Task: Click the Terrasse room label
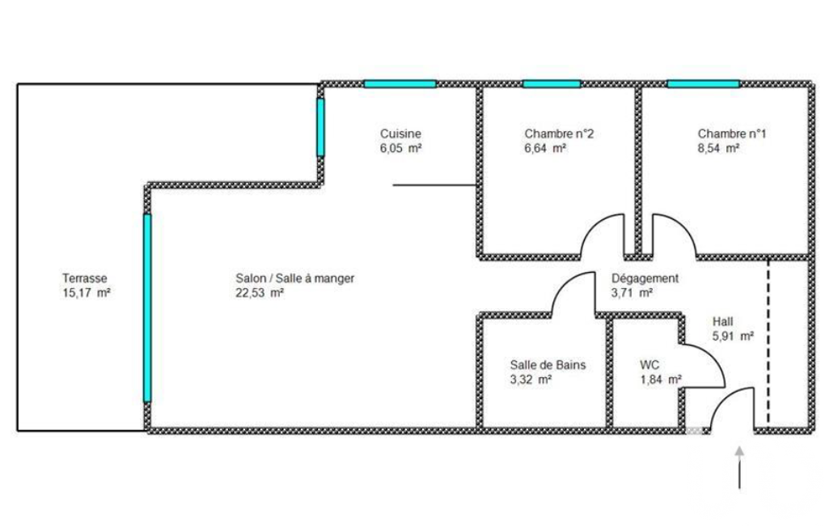click(85, 278)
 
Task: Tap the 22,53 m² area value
click(259, 293)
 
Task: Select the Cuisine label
click(401, 134)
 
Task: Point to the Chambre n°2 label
click(559, 134)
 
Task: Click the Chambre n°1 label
click(732, 134)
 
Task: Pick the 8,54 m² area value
click(718, 148)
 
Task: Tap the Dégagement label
click(645, 278)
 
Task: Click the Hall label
click(723, 321)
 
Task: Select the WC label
click(649, 365)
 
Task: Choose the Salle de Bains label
click(548, 365)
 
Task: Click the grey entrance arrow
click(739, 467)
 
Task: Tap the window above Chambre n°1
click(703, 83)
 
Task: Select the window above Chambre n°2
click(552, 83)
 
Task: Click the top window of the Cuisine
click(400, 83)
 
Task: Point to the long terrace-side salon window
click(147, 308)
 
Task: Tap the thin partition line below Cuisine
click(435, 185)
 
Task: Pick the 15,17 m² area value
click(87, 293)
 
